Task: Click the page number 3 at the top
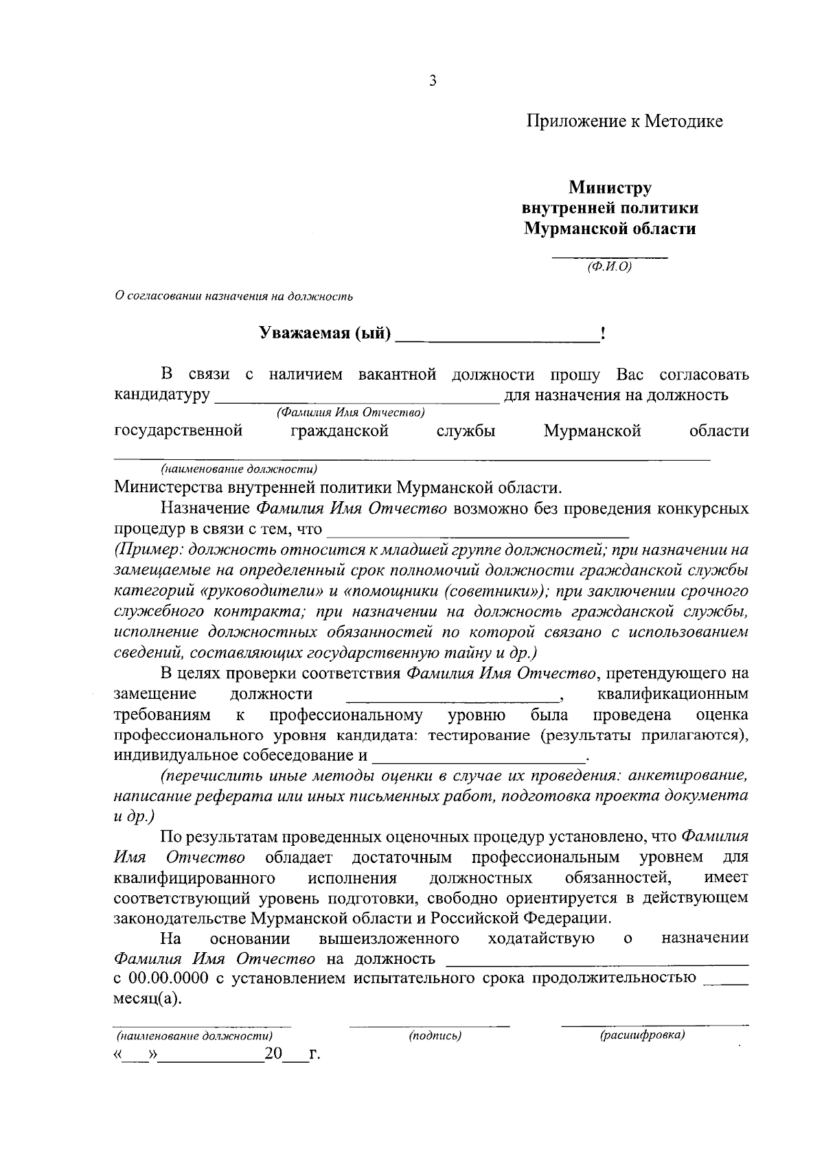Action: (433, 81)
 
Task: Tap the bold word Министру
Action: (610, 187)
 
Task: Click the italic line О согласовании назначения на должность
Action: (233, 297)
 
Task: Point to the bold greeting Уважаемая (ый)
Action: (324, 334)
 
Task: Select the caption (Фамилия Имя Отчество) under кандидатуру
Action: (350, 413)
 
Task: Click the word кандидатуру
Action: (161, 395)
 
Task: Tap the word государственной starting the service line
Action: (178, 431)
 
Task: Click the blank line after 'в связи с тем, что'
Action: (478, 531)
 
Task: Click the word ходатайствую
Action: (540, 938)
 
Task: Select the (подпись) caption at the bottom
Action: (435, 1035)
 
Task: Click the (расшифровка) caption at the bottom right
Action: (642, 1035)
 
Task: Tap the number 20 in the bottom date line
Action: (273, 1054)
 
